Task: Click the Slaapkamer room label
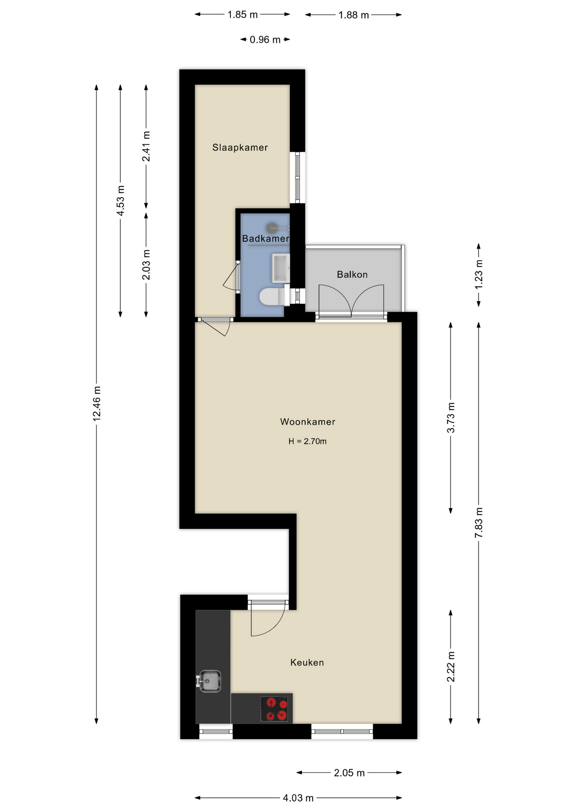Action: (240, 148)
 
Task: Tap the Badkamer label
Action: (265, 239)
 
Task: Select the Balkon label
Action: (352, 274)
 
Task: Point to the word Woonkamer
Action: (308, 422)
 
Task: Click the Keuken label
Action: (307, 662)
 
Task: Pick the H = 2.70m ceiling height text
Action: (307, 441)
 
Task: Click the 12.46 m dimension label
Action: (97, 403)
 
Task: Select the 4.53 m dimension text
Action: (121, 200)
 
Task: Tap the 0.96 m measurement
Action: (265, 40)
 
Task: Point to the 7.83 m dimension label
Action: (479, 523)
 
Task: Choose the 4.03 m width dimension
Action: (298, 798)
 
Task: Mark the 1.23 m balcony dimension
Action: (479, 275)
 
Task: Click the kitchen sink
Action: (209, 681)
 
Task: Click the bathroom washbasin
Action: (280, 268)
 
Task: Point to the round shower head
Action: (271, 228)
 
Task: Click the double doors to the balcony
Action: (351, 301)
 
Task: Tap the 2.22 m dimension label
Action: (451, 667)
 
